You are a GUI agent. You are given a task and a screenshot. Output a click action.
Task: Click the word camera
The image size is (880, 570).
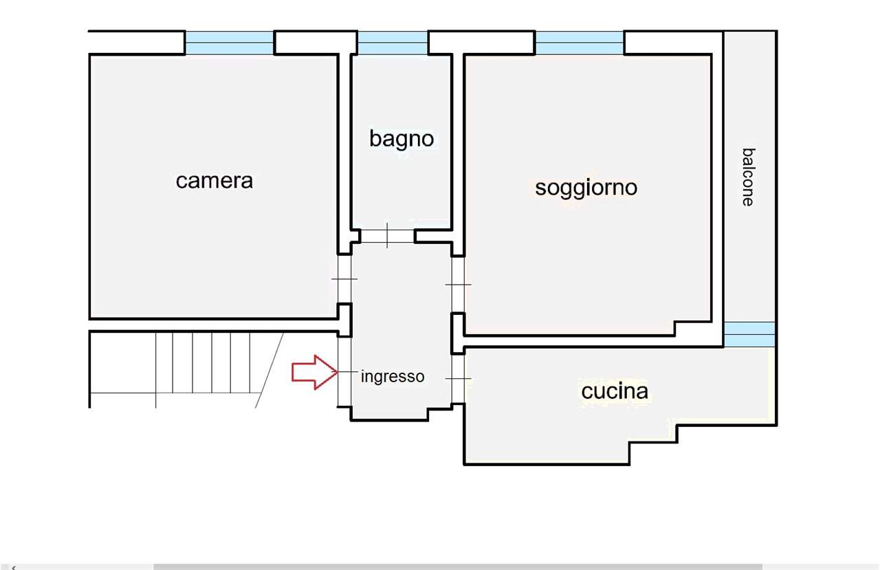(214, 181)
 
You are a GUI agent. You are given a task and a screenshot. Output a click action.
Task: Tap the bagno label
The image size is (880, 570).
(401, 139)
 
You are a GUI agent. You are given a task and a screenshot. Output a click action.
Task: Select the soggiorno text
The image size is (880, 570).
(586, 187)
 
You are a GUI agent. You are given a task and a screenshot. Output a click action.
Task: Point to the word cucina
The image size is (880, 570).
(615, 391)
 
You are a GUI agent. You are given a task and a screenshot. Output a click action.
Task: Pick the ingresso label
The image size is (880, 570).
(393, 377)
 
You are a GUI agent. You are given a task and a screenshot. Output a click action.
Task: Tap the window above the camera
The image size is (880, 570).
(230, 43)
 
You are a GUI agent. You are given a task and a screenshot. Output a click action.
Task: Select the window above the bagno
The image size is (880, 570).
(393, 43)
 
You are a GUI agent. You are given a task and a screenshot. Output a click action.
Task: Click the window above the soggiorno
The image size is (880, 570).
(580, 43)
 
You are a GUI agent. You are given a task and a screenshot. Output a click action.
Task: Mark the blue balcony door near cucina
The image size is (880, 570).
(749, 334)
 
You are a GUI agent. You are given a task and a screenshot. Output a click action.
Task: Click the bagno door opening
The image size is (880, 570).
(387, 236)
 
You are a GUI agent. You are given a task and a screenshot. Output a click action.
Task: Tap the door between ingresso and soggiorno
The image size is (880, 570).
(458, 284)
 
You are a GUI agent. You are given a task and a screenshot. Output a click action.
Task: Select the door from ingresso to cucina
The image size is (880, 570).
(458, 378)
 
